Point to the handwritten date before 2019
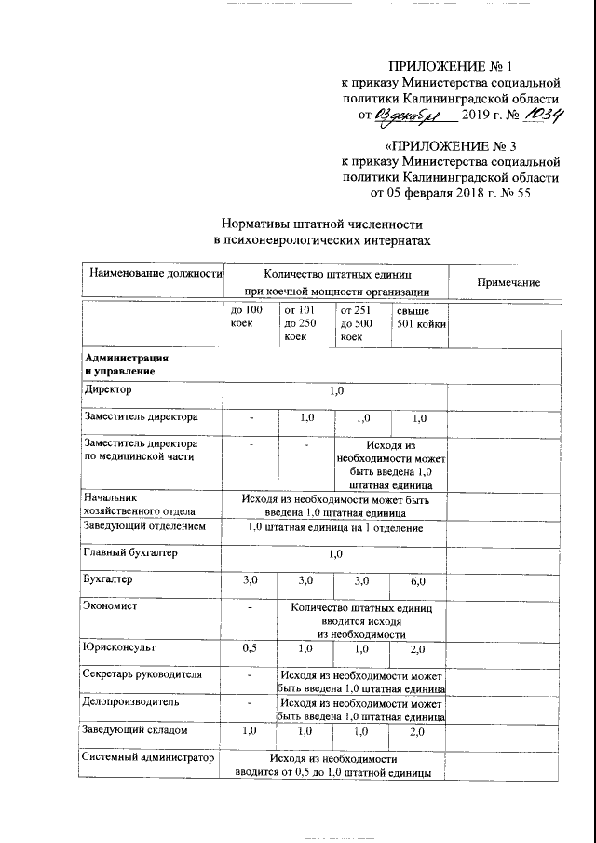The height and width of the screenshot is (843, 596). click(x=413, y=115)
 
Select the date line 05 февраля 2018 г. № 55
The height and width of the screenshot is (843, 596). click(x=451, y=193)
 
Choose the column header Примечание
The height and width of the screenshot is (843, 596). click(x=508, y=282)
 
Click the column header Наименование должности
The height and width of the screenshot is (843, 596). click(x=155, y=274)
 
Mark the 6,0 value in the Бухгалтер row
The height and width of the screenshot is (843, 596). click(x=418, y=581)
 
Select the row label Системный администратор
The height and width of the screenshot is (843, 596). click(x=147, y=758)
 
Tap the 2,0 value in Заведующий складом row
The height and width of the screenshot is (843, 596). click(x=418, y=732)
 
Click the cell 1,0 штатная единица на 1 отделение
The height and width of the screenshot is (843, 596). click(x=334, y=527)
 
